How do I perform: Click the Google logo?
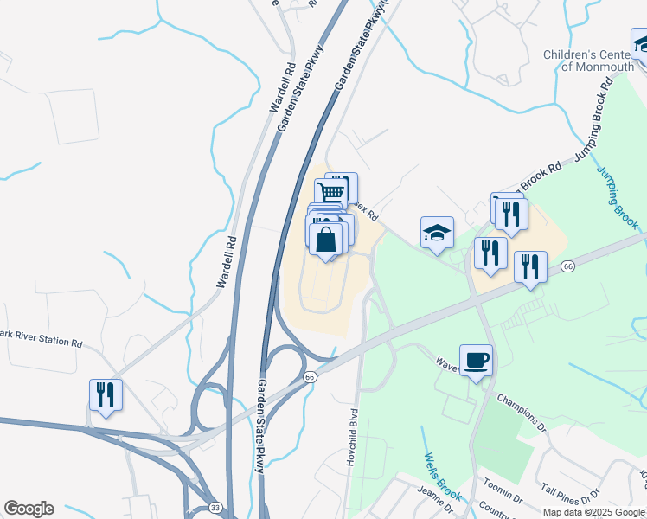click(29, 509)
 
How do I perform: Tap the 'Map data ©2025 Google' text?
click(593, 512)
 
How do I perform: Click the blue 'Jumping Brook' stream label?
click(619, 197)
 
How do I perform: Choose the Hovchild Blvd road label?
click(352, 438)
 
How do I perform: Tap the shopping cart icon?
click(331, 191)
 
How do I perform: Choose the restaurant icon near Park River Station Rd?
click(106, 394)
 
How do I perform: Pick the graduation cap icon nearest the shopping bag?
click(438, 232)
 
